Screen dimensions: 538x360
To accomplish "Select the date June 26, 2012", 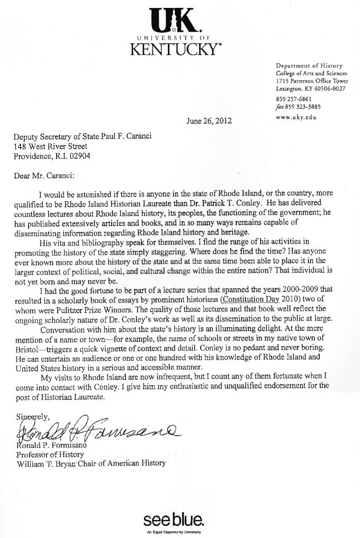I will pyautogui.click(x=209, y=120).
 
